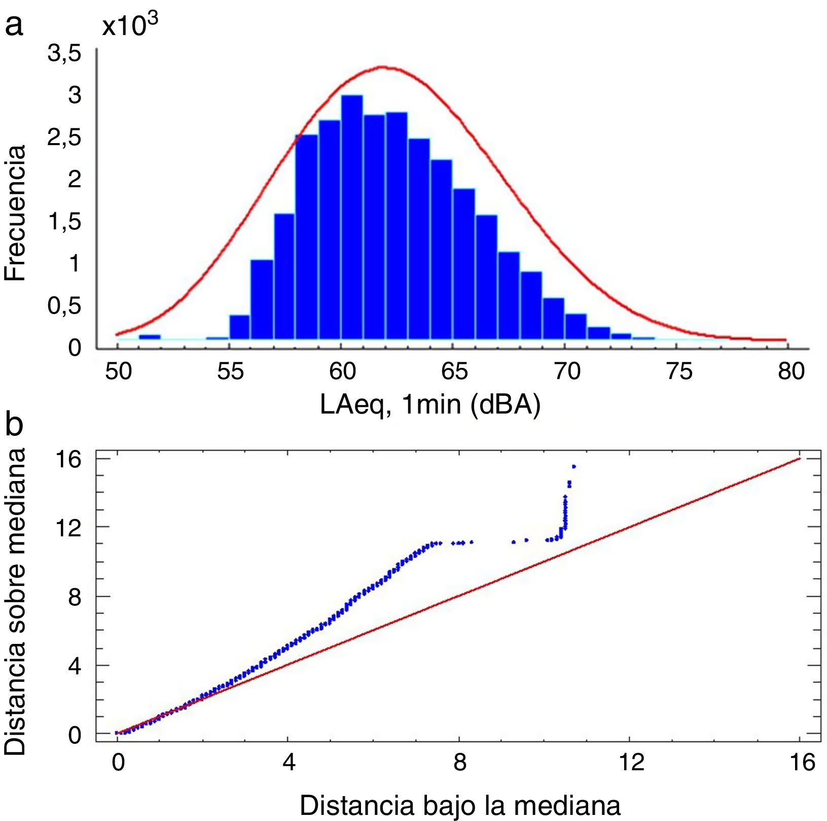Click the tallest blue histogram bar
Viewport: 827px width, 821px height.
click(x=352, y=218)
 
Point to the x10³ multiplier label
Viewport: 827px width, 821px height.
click(x=130, y=25)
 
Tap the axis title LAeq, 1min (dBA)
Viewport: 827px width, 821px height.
click(x=430, y=405)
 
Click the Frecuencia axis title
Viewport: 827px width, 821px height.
click(x=15, y=213)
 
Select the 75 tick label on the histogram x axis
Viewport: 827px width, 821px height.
click(x=679, y=372)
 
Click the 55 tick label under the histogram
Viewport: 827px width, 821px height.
click(x=230, y=372)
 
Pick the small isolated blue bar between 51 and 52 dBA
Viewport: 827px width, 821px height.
click(x=150, y=336)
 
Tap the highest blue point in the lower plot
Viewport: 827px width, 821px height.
click(x=573, y=466)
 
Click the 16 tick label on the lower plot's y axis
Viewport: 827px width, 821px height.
click(x=69, y=460)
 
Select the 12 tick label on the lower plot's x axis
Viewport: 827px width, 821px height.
click(x=631, y=763)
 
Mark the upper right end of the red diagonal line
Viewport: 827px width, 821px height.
click(x=800, y=459)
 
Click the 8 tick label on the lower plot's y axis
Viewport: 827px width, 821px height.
click(x=75, y=596)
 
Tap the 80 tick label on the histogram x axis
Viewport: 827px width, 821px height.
click(x=791, y=372)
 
